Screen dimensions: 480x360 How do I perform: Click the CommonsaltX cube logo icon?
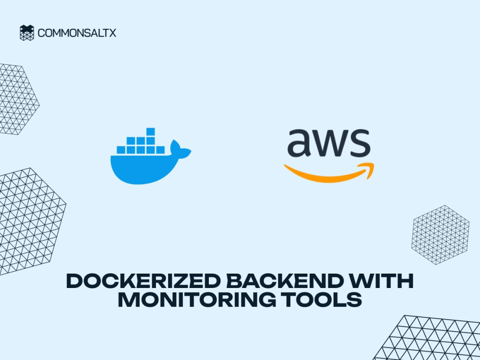pos(27,33)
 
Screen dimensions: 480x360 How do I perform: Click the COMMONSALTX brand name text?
pos(77,33)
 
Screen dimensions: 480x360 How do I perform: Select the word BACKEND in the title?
pos(284,281)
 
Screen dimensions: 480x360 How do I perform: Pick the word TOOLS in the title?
pos(322,300)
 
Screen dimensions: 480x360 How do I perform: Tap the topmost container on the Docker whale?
pos(150,132)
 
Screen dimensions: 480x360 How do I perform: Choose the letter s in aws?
pos(360,143)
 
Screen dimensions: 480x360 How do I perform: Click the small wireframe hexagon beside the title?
pos(440,235)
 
